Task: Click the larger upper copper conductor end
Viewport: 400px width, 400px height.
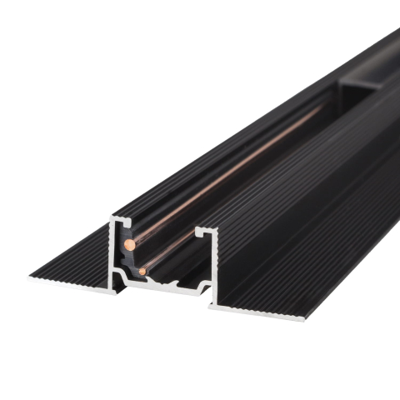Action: coord(130,244)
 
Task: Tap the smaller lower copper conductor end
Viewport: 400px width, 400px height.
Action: coord(143,270)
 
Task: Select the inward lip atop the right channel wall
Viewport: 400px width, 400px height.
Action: coord(206,228)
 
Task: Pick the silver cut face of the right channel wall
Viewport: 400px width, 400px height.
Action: coord(214,267)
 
